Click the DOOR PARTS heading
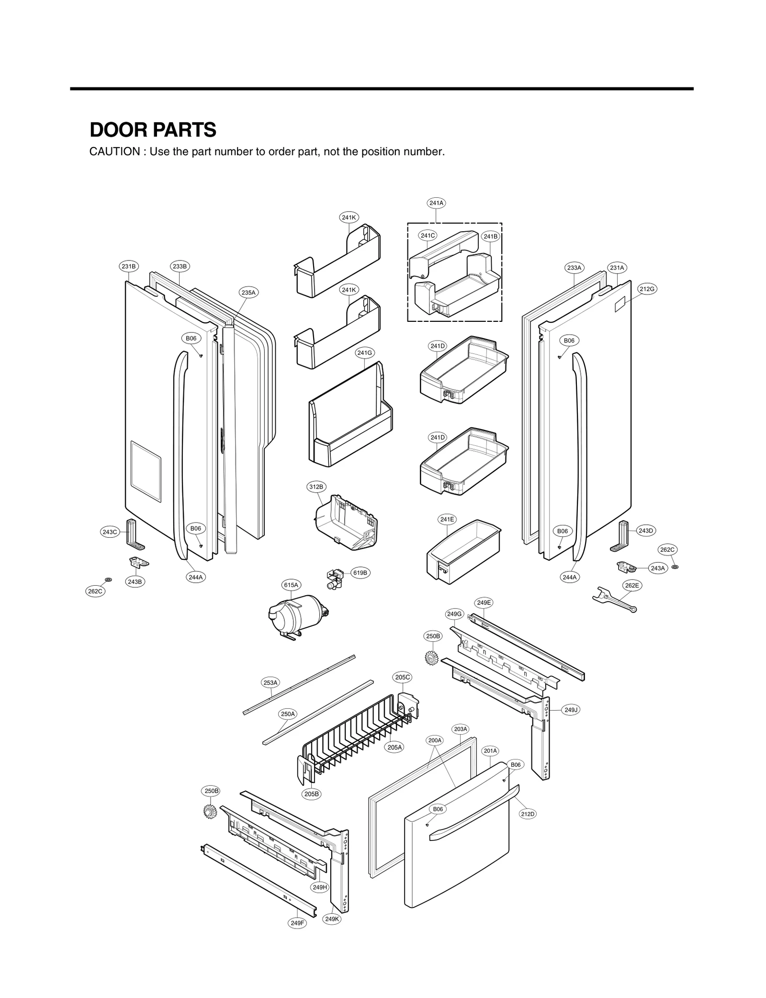click(x=153, y=130)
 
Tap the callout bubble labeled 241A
click(x=436, y=203)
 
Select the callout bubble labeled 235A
click(x=248, y=292)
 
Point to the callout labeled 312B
click(x=315, y=487)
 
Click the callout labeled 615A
click(x=291, y=585)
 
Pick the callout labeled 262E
click(x=631, y=585)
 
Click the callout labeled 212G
click(x=646, y=289)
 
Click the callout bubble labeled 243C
click(x=110, y=532)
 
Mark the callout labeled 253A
click(x=270, y=682)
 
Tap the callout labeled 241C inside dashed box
click(x=428, y=235)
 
